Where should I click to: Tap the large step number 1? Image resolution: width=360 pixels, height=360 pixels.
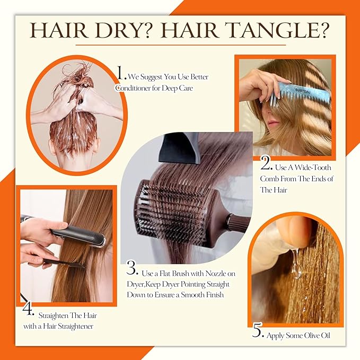pos(121,72)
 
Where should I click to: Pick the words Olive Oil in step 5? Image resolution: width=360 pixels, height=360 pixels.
pos(312,336)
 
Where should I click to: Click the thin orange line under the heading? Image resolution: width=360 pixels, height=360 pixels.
pos(180,46)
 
